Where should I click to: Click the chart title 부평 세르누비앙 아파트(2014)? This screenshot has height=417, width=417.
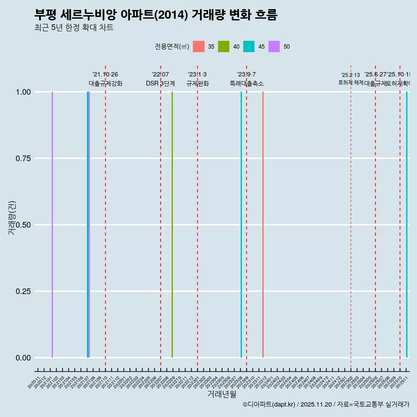(156, 15)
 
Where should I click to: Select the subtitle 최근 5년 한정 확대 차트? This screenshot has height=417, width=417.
(74, 28)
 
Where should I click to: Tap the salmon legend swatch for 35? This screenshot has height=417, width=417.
(199, 46)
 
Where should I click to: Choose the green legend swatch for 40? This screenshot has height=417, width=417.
(224, 46)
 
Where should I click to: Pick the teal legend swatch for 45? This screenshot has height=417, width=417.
(249, 46)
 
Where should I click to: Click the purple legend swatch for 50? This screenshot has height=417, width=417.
(274, 46)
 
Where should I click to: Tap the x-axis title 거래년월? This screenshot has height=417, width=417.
(222, 394)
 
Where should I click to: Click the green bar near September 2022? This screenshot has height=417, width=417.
(172, 225)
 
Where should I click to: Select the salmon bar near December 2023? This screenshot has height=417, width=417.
(263, 225)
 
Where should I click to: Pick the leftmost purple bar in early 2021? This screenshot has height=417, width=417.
(52, 225)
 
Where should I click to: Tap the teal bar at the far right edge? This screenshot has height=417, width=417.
(407, 225)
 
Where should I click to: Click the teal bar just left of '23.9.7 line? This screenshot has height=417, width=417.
(241, 225)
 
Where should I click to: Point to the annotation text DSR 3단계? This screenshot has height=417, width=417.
(160, 83)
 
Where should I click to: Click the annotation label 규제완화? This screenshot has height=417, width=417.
(198, 83)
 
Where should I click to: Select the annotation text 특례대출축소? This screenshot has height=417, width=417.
(247, 83)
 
